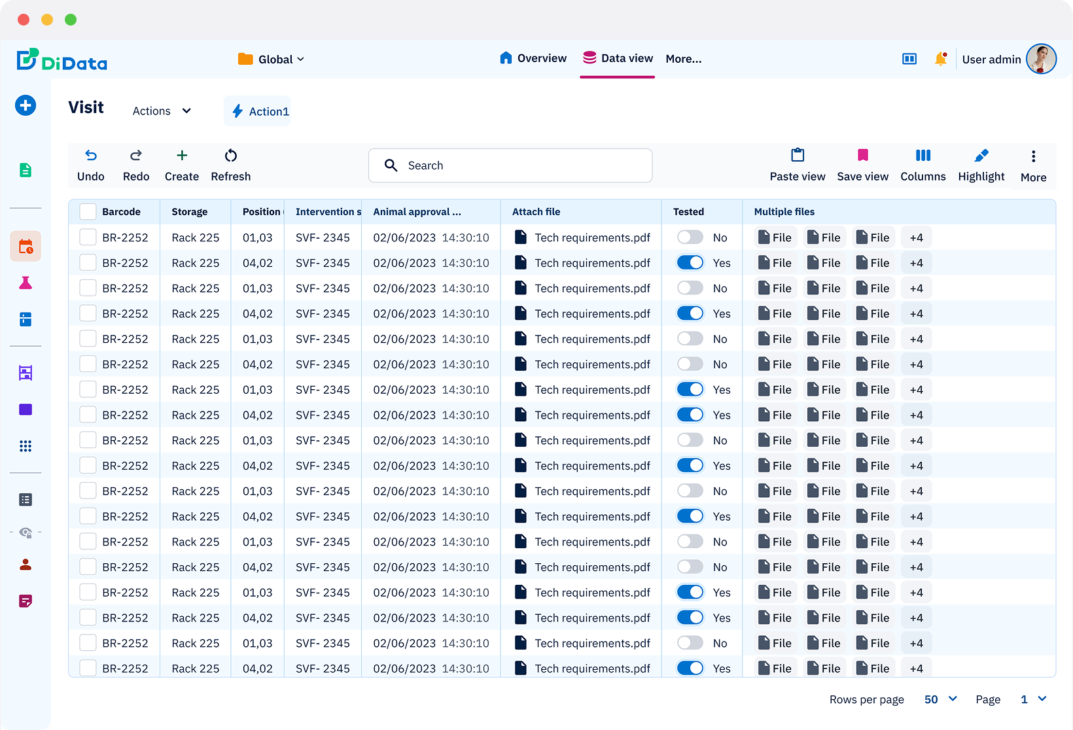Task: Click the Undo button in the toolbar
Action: pyautogui.click(x=91, y=165)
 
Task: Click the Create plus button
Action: pyautogui.click(x=182, y=165)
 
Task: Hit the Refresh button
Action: pyautogui.click(x=230, y=165)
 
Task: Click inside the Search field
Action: pyautogui.click(x=510, y=165)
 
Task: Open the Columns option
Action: pyautogui.click(x=923, y=165)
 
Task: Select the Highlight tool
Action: pyautogui.click(x=981, y=165)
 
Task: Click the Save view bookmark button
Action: pyautogui.click(x=862, y=165)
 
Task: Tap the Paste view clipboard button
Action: pyautogui.click(x=797, y=165)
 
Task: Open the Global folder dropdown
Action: pyautogui.click(x=272, y=60)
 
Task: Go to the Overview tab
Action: pyautogui.click(x=533, y=58)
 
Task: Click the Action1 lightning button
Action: pyautogui.click(x=260, y=111)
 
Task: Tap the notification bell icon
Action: pyautogui.click(x=940, y=59)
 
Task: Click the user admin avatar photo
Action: pyautogui.click(x=1040, y=59)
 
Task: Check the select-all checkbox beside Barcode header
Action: pyautogui.click(x=88, y=211)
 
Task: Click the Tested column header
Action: pyautogui.click(x=688, y=212)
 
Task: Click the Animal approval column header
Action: pyautogui.click(x=417, y=212)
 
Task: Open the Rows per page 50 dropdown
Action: pyautogui.click(x=940, y=699)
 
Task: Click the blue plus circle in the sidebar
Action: pyautogui.click(x=26, y=105)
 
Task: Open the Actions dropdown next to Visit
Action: pyautogui.click(x=162, y=111)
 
